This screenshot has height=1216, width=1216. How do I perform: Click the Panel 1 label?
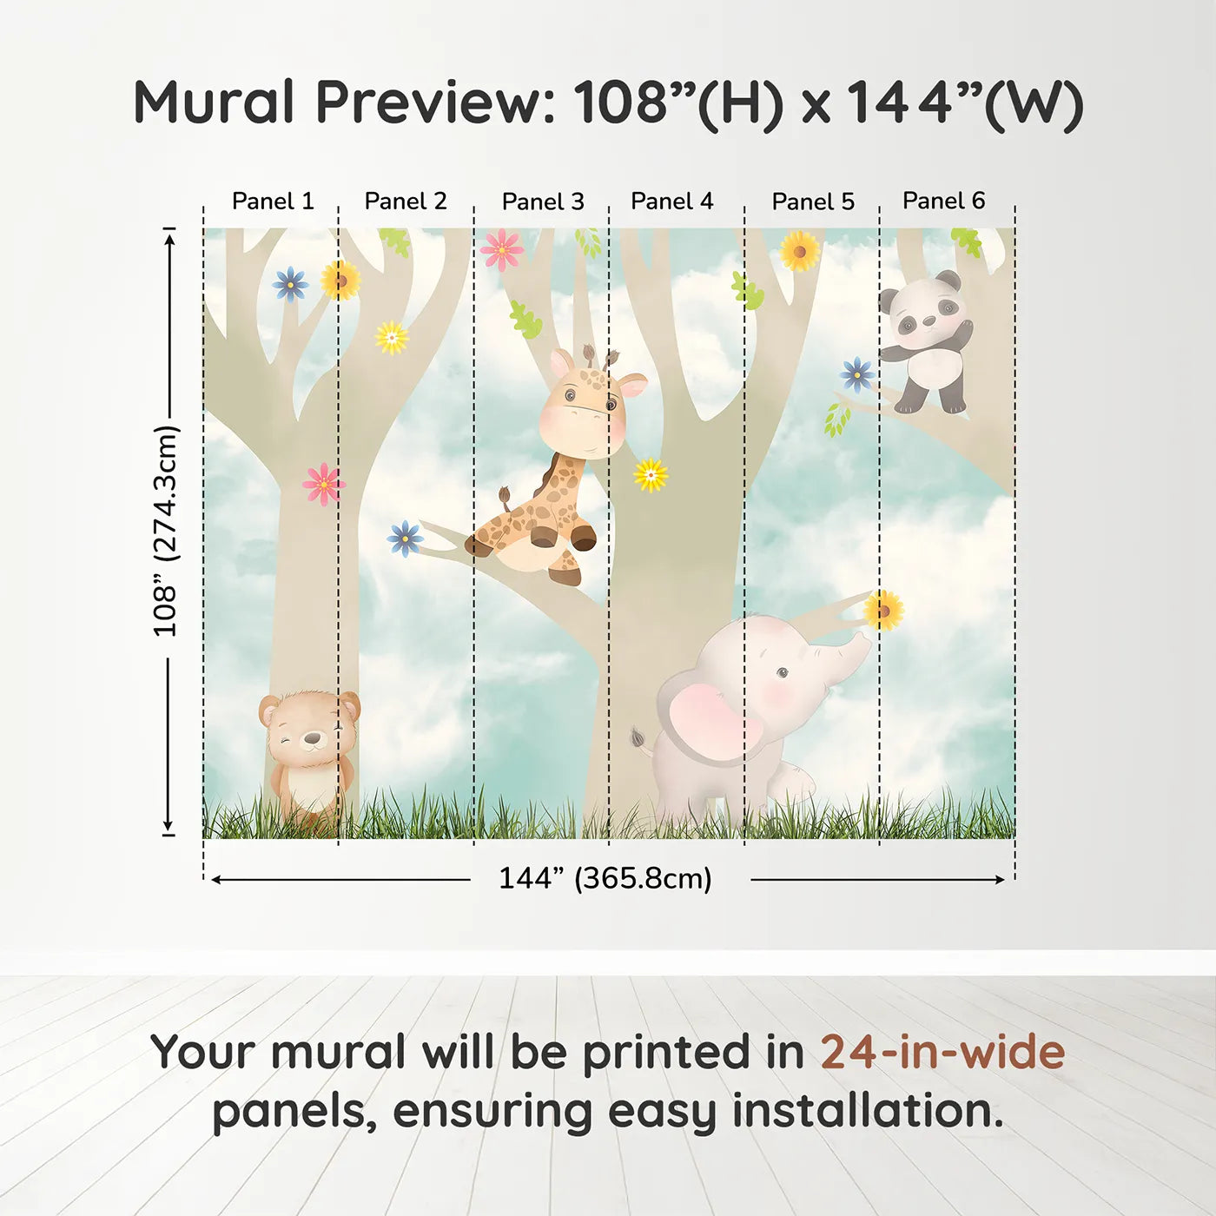(273, 202)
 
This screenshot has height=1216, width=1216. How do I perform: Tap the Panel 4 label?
(671, 202)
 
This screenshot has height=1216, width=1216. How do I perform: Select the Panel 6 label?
(943, 201)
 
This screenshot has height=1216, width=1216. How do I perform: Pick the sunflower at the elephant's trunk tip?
(883, 610)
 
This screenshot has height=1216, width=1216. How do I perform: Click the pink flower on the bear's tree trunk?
(323, 484)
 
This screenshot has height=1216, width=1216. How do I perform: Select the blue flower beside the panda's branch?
(857, 374)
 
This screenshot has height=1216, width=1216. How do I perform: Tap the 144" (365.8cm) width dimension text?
(605, 879)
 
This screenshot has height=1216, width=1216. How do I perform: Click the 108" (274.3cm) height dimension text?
(166, 531)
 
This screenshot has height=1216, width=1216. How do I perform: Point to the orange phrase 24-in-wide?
(942, 1053)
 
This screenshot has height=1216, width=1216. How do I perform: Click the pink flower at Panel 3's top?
(502, 250)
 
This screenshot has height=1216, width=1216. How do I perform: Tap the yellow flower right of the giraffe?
(651, 474)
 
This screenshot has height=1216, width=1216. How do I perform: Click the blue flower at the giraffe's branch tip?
(405, 539)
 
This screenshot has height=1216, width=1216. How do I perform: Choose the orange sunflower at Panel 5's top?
(799, 251)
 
